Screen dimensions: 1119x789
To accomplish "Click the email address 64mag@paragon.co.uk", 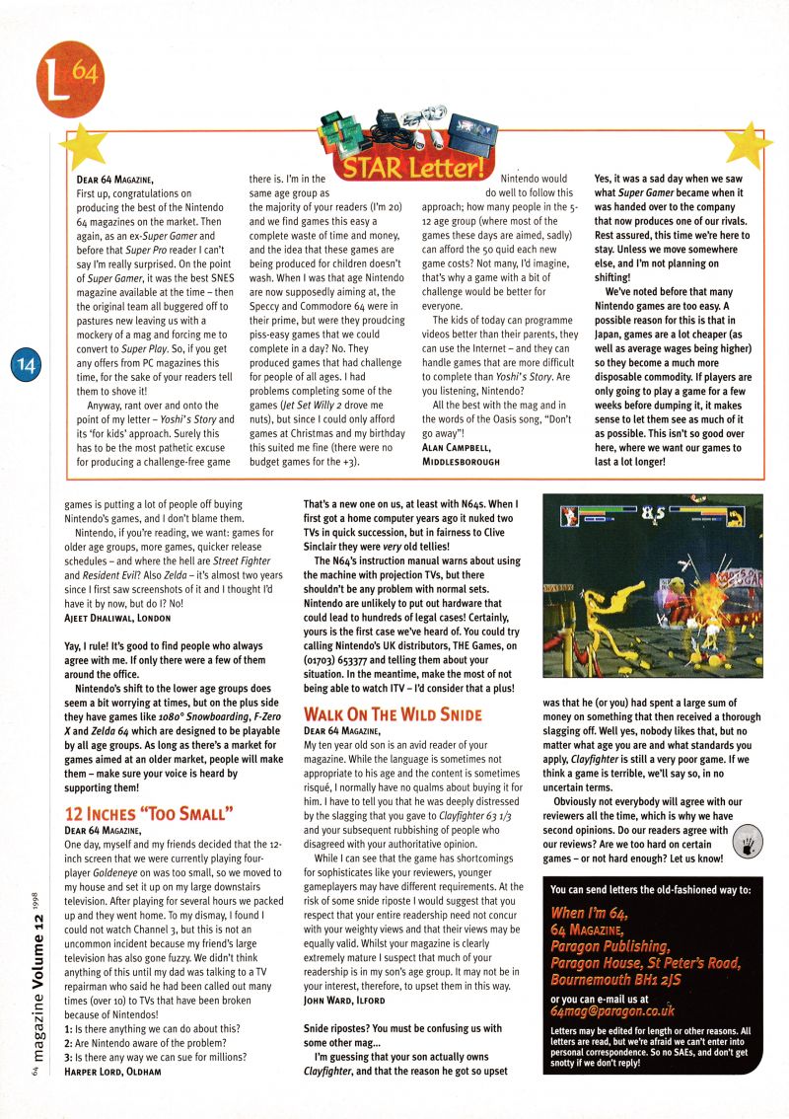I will point(612,1012).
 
